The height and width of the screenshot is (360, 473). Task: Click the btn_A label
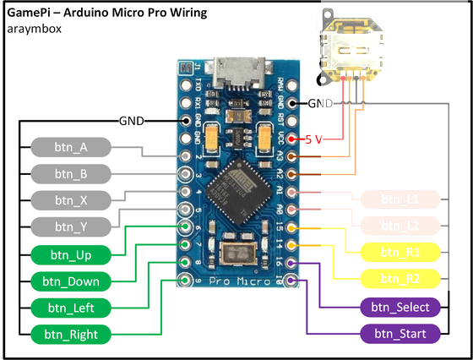(71, 147)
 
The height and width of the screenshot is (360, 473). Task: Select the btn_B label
(71, 174)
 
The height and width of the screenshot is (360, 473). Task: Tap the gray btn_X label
(71, 200)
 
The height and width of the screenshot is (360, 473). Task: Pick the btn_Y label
(71, 226)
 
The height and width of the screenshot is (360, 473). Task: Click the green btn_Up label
(71, 254)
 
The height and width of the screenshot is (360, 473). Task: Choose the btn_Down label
(71, 281)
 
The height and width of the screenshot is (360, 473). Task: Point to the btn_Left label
(71, 308)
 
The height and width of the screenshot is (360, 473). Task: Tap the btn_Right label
(71, 335)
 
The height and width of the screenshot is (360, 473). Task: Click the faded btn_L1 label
(400, 199)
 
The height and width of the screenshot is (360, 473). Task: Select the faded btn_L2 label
(400, 226)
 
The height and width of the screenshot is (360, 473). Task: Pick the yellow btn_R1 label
(400, 253)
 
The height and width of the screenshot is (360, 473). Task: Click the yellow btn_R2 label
(400, 279)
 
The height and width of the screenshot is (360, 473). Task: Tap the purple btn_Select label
(400, 307)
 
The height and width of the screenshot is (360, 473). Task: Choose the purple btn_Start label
(400, 334)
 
